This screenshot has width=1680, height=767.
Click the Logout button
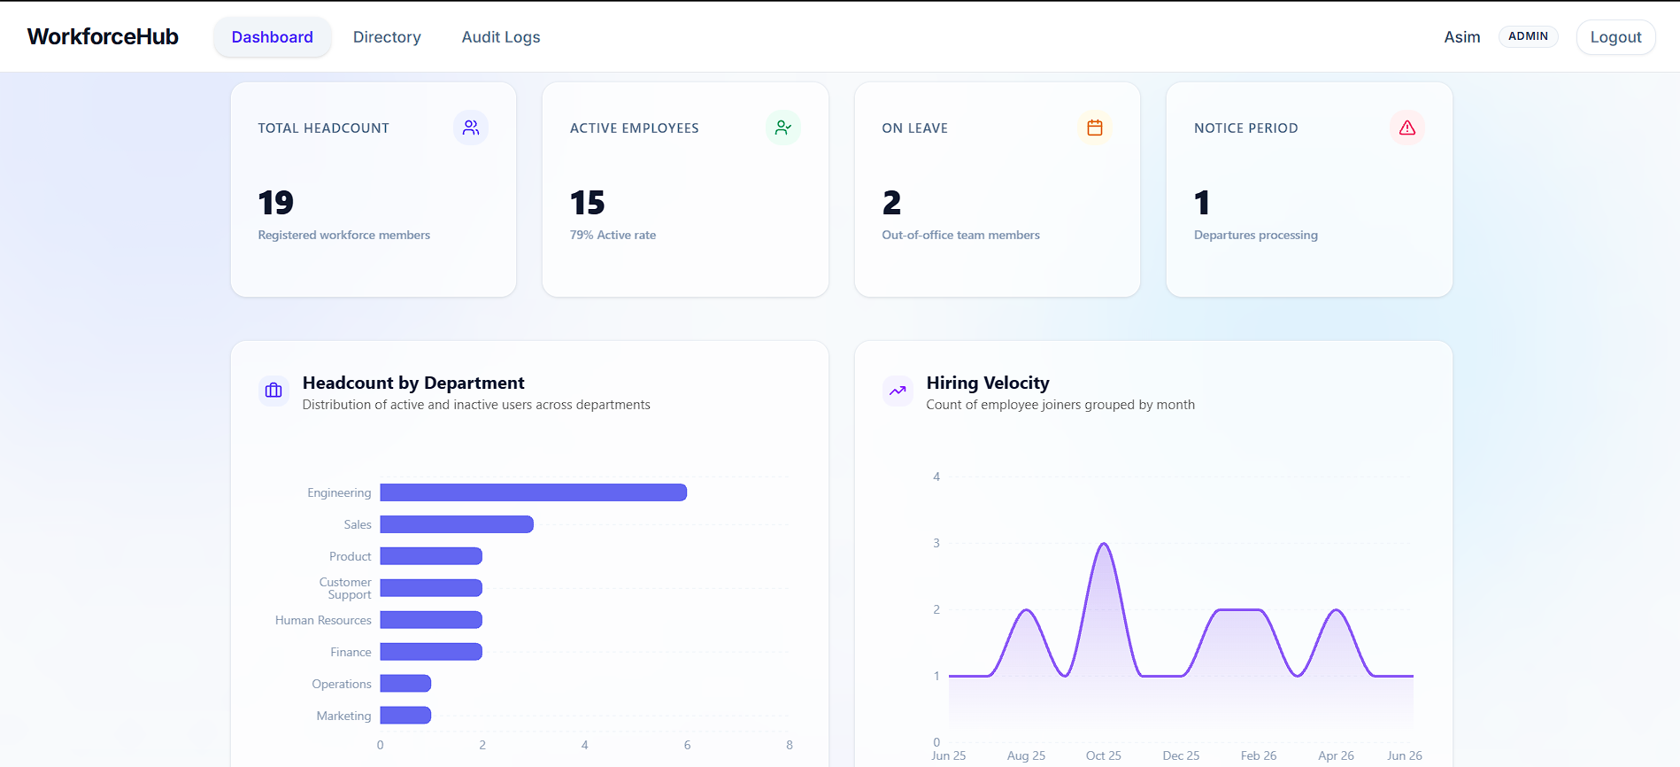point(1615,37)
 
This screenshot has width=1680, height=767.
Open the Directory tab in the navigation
point(387,37)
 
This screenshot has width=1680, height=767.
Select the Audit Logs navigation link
point(501,37)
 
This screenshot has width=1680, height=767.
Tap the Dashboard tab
point(273,37)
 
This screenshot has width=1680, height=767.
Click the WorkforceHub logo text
point(103,36)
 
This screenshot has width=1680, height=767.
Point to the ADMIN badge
point(1528,36)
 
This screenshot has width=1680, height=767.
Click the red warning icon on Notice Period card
point(1406,128)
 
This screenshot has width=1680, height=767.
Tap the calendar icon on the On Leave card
point(1095,128)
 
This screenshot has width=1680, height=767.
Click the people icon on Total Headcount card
point(471,128)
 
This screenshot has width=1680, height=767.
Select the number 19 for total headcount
point(276,203)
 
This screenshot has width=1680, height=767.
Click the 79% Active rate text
point(613,235)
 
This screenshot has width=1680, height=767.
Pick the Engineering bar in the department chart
point(534,492)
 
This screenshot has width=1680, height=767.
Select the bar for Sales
point(457,524)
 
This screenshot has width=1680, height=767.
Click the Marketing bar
point(405,716)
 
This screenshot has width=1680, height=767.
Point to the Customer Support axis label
point(345,588)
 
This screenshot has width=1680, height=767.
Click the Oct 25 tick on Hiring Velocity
point(1104,755)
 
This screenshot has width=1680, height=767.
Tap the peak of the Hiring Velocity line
point(1104,543)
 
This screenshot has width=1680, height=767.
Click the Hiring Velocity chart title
point(988,383)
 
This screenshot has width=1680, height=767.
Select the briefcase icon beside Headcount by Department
point(274,391)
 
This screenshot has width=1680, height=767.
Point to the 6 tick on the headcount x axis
point(687,745)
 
